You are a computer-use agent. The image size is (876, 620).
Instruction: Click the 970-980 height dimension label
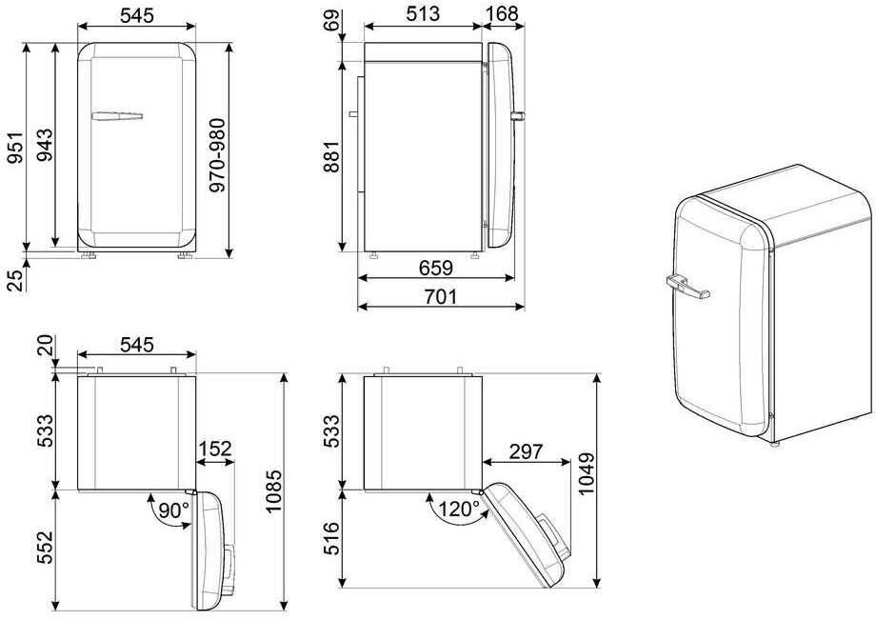(217, 155)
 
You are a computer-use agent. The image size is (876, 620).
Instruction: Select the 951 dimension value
(16, 148)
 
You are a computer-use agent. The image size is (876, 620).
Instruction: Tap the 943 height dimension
(45, 145)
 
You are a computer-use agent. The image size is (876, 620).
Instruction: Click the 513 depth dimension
(423, 14)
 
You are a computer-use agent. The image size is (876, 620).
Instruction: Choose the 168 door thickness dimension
(503, 14)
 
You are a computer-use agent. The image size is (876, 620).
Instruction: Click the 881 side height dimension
(330, 157)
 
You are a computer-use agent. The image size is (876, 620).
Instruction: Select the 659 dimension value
(436, 268)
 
